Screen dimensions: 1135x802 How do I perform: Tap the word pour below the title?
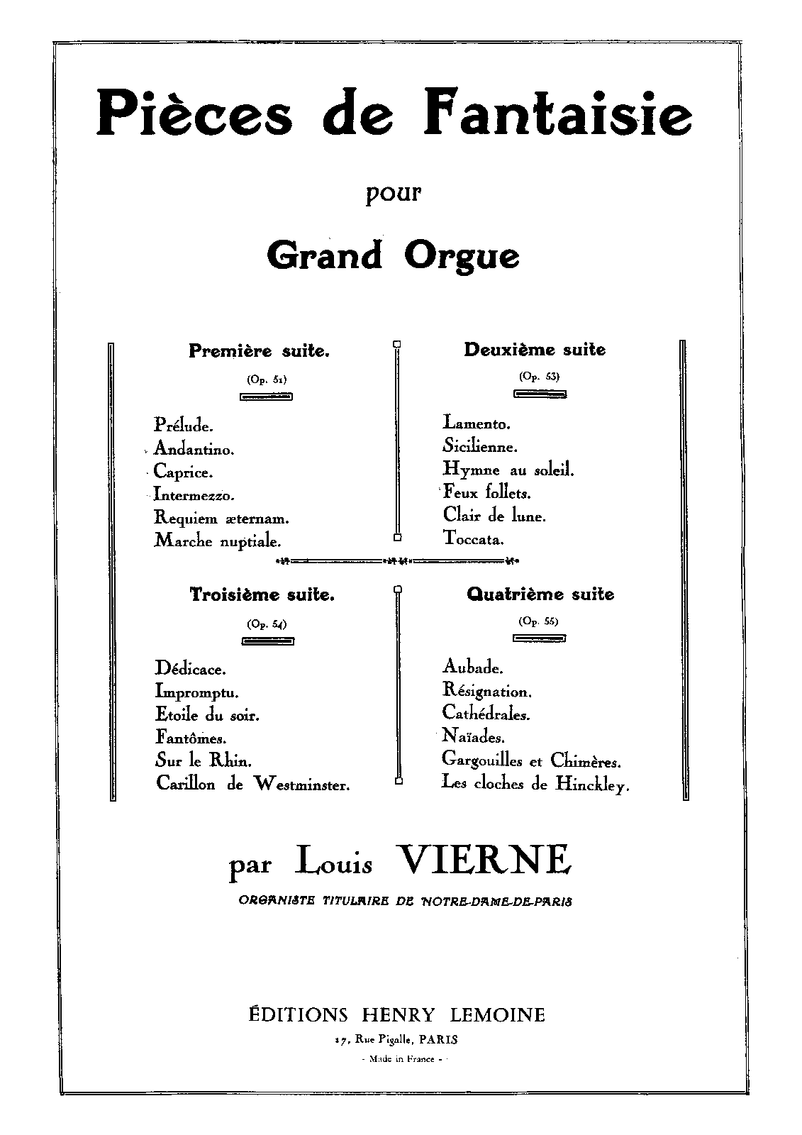point(394,194)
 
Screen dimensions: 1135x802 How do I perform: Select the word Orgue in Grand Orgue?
point(462,255)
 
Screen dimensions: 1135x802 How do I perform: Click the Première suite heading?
point(259,350)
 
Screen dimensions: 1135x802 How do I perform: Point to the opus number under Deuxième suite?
point(539,377)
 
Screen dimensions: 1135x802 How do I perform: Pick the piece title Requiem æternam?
point(221,519)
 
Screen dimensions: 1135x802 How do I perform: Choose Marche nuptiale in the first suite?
point(218,541)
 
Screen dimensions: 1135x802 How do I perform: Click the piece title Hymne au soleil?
point(508,469)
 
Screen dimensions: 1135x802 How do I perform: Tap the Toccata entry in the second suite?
point(473,538)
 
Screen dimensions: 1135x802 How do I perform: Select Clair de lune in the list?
point(494,516)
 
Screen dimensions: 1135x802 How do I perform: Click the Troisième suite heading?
point(262,595)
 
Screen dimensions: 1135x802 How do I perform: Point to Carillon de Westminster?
point(253,784)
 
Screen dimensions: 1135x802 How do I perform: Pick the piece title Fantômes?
point(191,737)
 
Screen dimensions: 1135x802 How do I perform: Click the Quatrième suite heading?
point(540,594)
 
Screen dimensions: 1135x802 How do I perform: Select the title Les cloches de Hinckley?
point(535,784)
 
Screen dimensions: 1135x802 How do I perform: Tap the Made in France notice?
point(401,1059)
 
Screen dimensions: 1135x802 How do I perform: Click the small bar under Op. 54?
point(267,641)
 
